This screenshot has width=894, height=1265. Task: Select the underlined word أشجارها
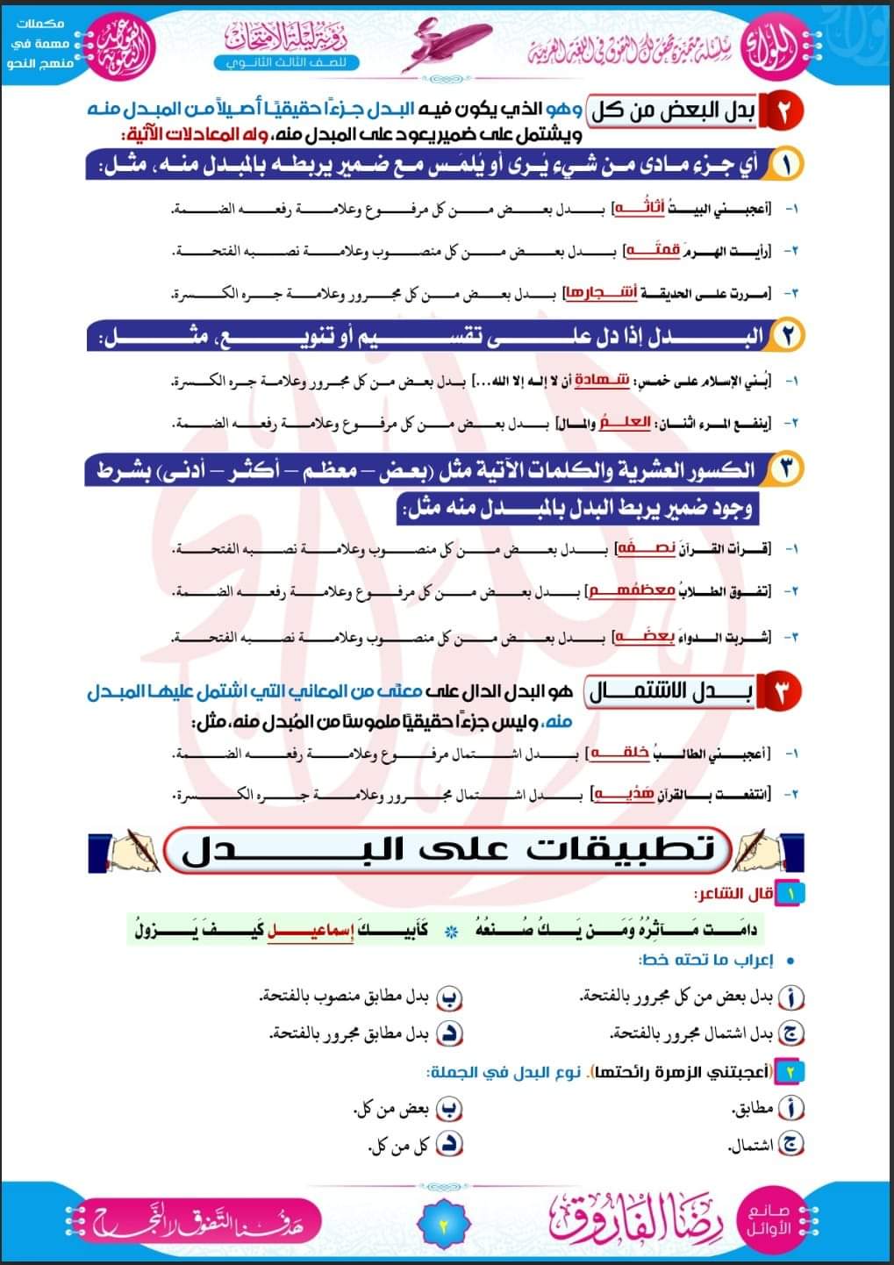(588, 293)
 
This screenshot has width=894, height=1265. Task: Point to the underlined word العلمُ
(631, 423)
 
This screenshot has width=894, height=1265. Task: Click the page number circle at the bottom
(442, 1224)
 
